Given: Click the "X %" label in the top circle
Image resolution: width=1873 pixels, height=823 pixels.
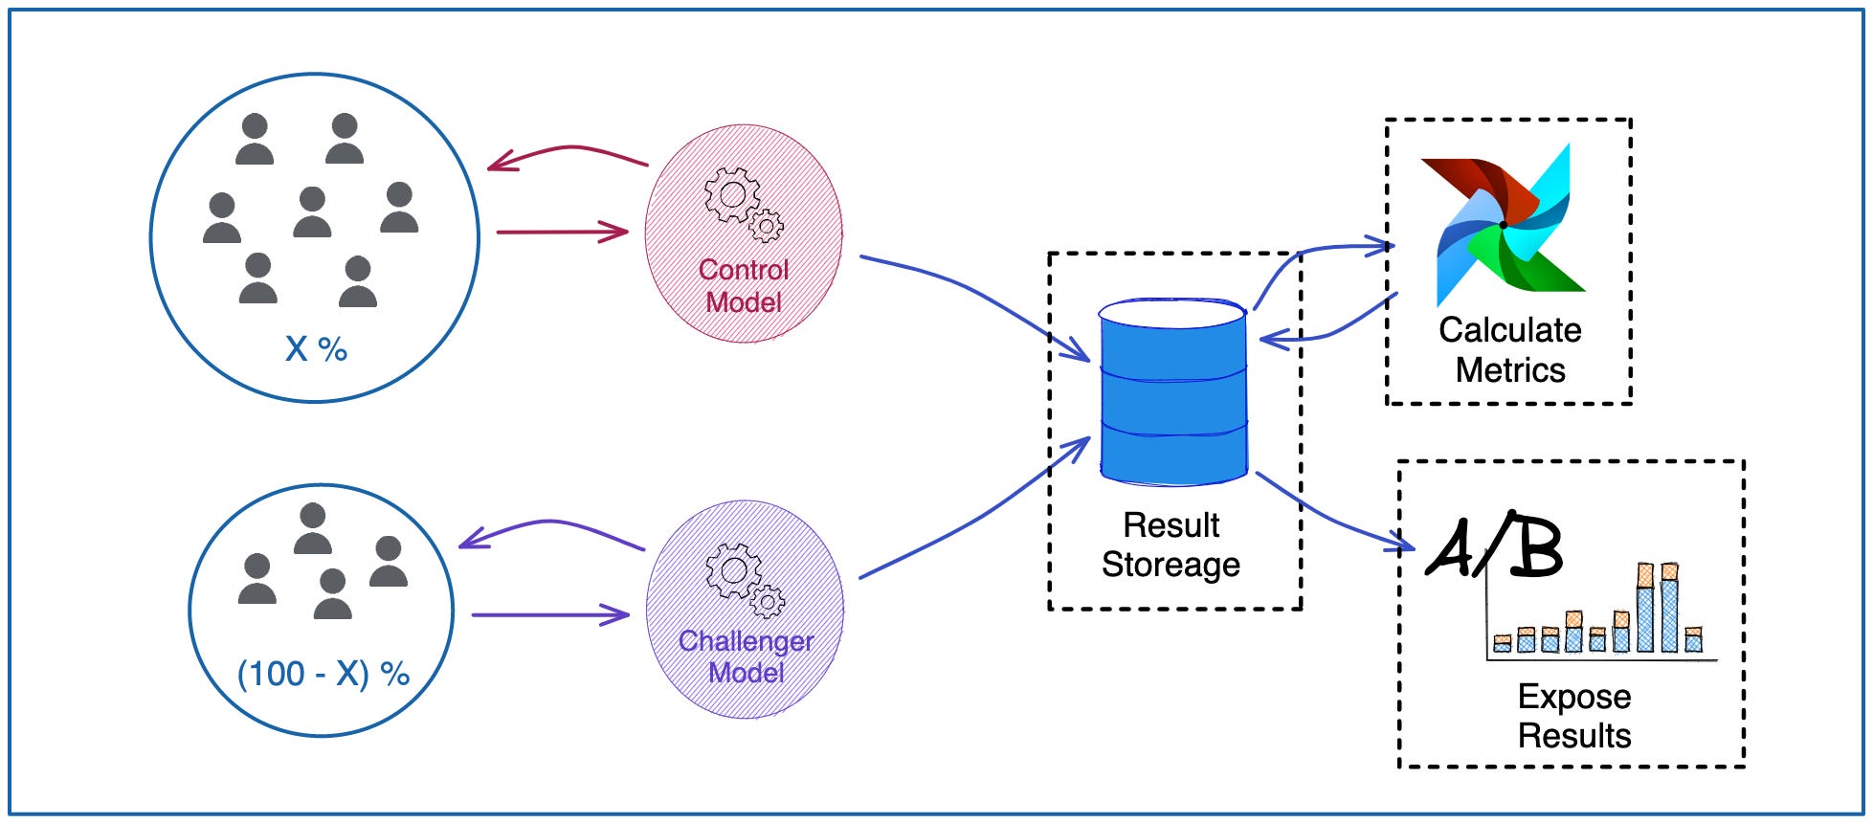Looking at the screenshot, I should click(x=316, y=349).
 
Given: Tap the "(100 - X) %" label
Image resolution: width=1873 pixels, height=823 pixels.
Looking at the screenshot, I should click(x=323, y=674).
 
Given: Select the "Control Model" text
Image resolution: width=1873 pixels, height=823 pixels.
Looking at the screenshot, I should click(x=744, y=285).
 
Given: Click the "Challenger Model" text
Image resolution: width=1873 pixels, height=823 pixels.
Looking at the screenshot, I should click(x=746, y=656).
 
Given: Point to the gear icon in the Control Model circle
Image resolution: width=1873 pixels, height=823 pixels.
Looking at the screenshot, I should click(x=742, y=204).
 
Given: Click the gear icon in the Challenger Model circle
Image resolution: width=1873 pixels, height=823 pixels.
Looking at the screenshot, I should click(x=744, y=579).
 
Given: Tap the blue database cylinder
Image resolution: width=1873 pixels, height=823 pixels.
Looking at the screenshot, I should click(x=1172, y=392).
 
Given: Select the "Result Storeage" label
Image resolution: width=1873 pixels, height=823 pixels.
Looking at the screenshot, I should click(x=1171, y=545).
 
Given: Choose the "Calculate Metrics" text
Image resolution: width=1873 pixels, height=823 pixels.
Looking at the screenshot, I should click(x=1509, y=349).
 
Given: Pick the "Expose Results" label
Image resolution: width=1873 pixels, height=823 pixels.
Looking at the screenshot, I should click(x=1573, y=716).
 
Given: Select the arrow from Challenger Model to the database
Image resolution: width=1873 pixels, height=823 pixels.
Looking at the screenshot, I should click(x=976, y=517).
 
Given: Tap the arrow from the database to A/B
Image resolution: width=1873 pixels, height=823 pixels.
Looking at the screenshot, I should click(x=1335, y=522).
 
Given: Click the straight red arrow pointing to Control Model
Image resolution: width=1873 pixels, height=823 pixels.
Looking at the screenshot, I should click(x=561, y=232).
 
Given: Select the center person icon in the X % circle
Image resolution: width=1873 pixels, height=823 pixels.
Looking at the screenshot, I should click(x=312, y=212).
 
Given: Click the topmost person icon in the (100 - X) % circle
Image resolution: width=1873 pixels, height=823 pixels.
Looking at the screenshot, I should click(x=312, y=529).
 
